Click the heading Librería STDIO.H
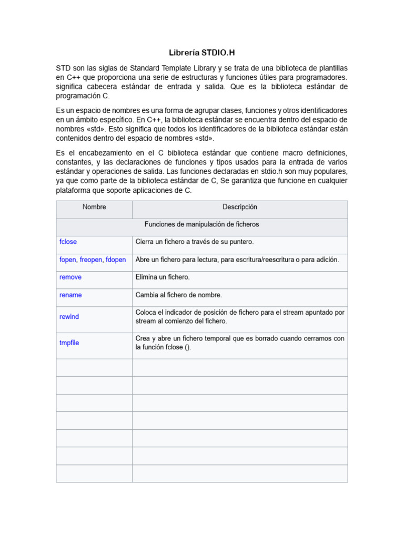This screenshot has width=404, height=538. click(202, 53)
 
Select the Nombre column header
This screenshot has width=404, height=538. click(94, 207)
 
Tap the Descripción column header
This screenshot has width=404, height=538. click(239, 207)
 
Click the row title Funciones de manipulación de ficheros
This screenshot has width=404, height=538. click(201, 224)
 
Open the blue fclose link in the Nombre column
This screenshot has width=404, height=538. click(68, 242)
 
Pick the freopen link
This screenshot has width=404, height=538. click(91, 260)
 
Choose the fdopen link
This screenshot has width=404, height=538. click(116, 260)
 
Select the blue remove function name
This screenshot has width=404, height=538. click(70, 277)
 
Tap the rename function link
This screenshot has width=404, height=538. click(70, 295)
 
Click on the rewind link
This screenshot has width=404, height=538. click(69, 317)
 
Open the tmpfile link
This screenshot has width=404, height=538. click(69, 343)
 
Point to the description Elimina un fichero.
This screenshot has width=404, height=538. click(163, 277)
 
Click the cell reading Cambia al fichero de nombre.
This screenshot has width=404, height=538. click(179, 295)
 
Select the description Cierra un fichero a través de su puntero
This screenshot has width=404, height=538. click(195, 242)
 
